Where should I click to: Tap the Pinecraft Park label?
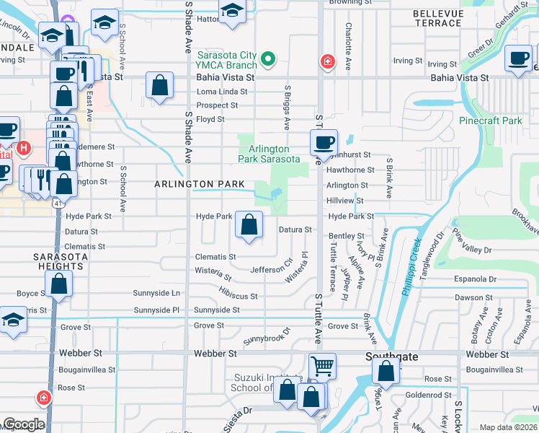tap(490, 121)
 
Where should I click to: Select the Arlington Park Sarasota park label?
tap(269, 154)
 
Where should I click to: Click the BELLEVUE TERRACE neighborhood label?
tap(437, 19)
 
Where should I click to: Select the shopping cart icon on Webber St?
tap(322, 367)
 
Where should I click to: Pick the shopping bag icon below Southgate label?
tap(386, 372)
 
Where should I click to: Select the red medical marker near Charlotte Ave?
tap(328, 62)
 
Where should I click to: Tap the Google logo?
tap(23, 424)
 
